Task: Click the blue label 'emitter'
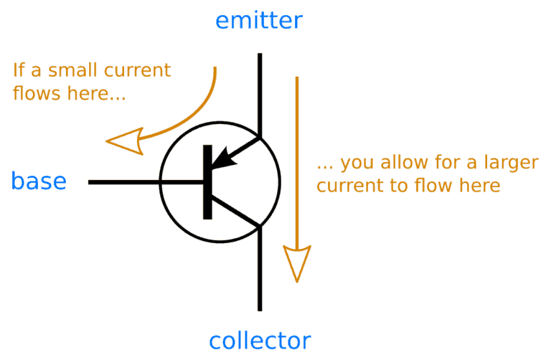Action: click(x=259, y=21)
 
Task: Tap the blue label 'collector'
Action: click(x=260, y=340)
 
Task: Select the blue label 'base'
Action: click(x=39, y=181)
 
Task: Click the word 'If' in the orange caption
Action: click(x=19, y=71)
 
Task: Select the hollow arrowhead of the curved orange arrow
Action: click(x=123, y=141)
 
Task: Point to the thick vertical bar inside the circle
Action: click(x=207, y=181)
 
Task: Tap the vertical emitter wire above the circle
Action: click(x=259, y=93)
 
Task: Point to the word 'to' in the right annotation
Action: click(x=400, y=185)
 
